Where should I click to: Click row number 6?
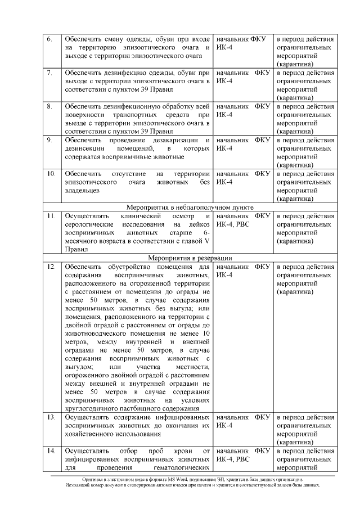tap(49, 39)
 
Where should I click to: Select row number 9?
tap(49, 140)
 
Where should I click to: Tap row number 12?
tap(51, 266)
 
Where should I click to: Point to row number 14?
tap(51, 451)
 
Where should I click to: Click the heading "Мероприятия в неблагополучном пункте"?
tap(191, 207)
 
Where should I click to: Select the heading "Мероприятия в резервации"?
tap(191, 258)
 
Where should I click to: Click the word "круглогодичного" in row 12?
tap(92, 409)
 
